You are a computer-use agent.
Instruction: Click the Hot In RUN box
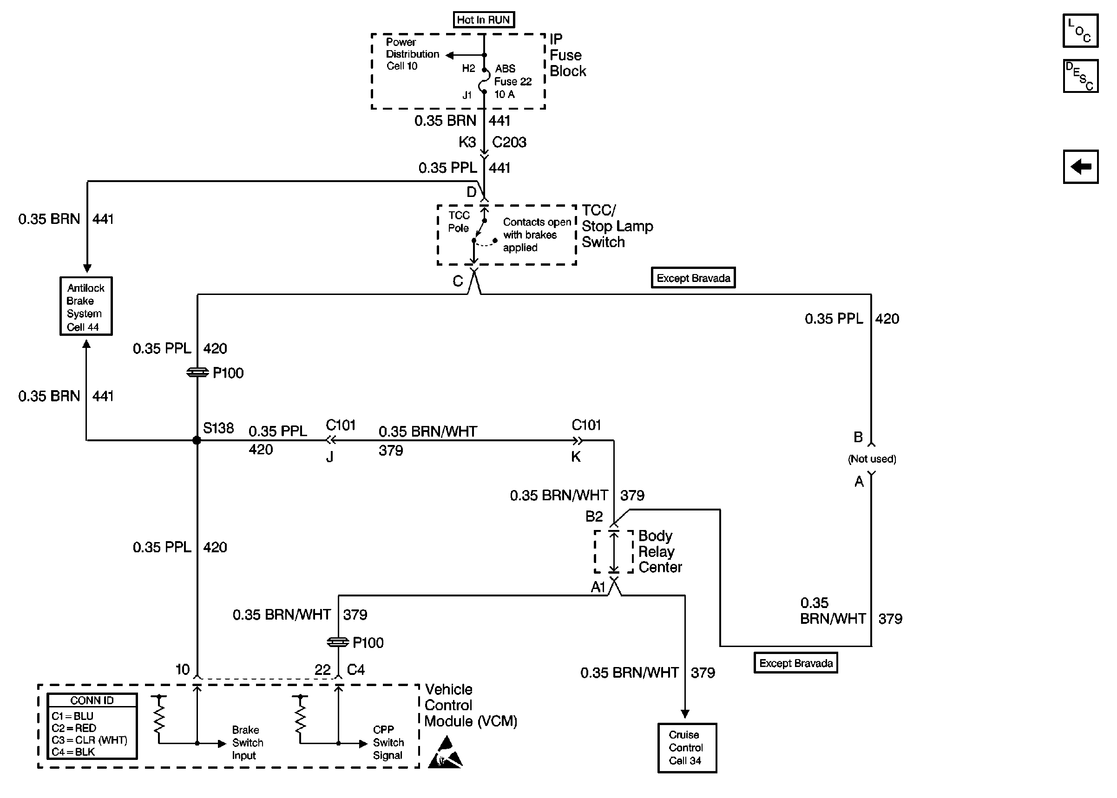(483, 20)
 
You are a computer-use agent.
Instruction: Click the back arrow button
(1080, 167)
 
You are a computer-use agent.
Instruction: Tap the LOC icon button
(1080, 31)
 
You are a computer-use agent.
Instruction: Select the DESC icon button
(1080, 76)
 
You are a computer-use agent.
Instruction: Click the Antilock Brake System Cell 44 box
(86, 306)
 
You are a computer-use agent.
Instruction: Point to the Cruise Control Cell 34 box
(687, 747)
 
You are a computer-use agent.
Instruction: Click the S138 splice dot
(197, 440)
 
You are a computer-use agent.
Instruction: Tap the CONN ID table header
(92, 700)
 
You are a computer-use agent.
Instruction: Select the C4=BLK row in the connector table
(74, 752)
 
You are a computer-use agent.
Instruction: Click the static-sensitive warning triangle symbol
(445, 753)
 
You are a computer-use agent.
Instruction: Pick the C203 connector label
(509, 143)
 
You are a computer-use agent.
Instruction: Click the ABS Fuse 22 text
(513, 75)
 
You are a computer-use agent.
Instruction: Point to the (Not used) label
(872, 459)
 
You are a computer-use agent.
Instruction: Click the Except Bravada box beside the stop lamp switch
(693, 278)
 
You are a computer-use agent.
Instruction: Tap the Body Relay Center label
(659, 551)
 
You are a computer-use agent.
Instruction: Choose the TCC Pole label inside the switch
(459, 222)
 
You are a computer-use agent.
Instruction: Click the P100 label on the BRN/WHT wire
(368, 643)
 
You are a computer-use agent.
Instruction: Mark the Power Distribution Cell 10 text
(412, 54)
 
